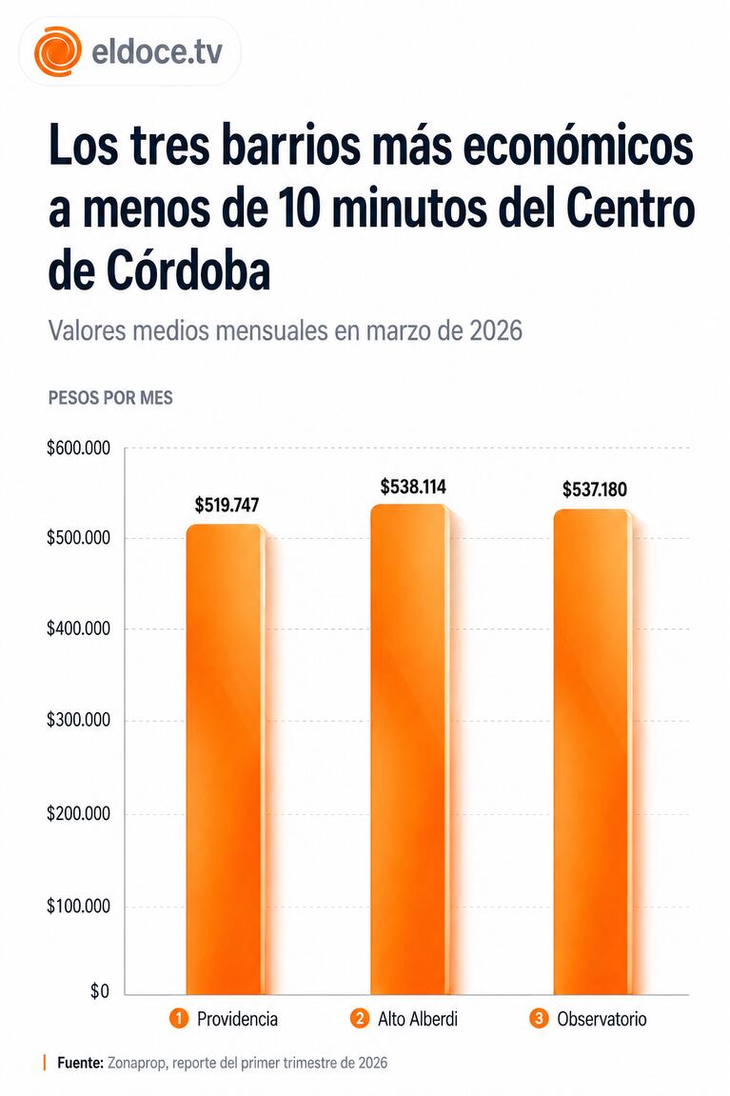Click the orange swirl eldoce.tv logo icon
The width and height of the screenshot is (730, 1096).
coord(57,51)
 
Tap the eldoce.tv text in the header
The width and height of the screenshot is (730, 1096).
coord(157,51)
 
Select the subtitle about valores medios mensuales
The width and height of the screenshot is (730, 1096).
coord(285,332)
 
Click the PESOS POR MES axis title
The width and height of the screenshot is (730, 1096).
coord(110,398)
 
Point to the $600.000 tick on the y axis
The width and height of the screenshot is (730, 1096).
coord(78,448)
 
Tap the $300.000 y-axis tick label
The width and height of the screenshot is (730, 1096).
coord(78,721)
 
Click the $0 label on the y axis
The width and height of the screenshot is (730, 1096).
coord(100,992)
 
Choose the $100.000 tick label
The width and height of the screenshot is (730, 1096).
coord(78,906)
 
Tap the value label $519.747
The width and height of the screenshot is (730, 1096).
coord(227,505)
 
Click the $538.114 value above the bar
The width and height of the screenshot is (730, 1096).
coord(413,487)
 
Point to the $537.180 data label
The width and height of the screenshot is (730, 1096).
coord(595,489)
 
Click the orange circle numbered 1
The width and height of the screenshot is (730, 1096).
coord(178,1019)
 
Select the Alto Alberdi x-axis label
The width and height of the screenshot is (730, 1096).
coord(418,1019)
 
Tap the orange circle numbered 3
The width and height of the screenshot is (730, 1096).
coord(539,1019)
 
